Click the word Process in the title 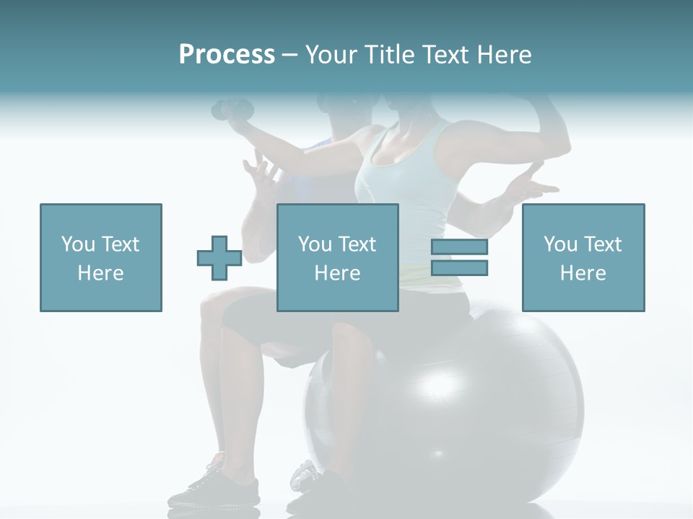pyautogui.click(x=227, y=55)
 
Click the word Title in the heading pyautogui.click(x=390, y=55)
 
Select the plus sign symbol pyautogui.click(x=219, y=258)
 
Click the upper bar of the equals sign pyautogui.click(x=459, y=247)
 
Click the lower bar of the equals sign pyautogui.click(x=459, y=268)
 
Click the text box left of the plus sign pyautogui.click(x=101, y=258)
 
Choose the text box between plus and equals pyautogui.click(x=338, y=258)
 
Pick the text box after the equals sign pyautogui.click(x=583, y=258)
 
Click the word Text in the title pyautogui.click(x=446, y=55)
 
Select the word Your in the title pyautogui.click(x=329, y=55)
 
